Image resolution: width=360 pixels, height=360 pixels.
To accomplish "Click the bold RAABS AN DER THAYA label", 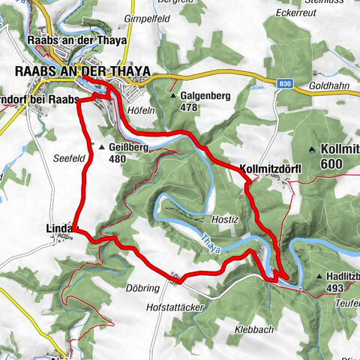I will (82, 71).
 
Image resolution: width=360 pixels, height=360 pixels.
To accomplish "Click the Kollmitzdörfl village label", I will (270, 169).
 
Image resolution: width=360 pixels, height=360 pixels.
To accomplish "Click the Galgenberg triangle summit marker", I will (173, 97).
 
